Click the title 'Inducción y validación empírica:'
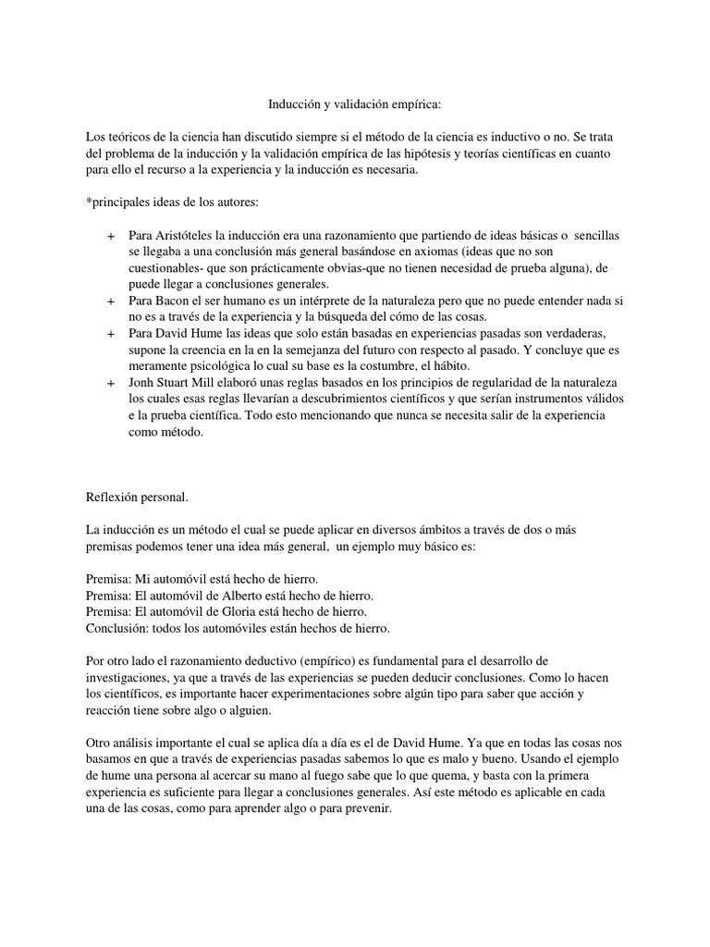pos(355,106)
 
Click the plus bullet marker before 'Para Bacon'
pos(112,301)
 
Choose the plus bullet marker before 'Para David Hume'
pos(112,334)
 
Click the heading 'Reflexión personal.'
pos(136,498)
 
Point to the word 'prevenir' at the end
pos(370,806)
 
